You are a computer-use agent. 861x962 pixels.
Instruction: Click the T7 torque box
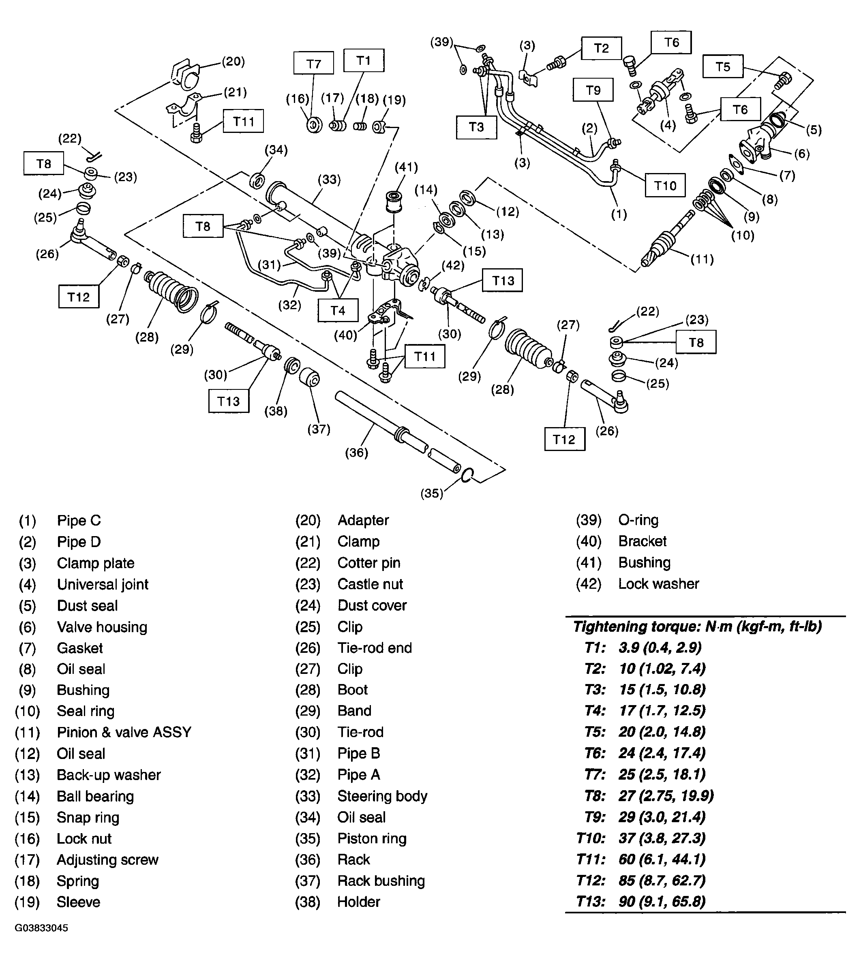point(313,63)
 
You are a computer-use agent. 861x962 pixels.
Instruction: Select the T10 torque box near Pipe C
point(665,186)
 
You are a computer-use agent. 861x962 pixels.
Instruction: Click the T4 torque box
point(337,310)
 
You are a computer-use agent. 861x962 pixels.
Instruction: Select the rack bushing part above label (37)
point(310,377)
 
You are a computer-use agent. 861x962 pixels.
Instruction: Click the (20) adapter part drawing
point(185,75)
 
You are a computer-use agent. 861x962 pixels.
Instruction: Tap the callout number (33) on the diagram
point(329,179)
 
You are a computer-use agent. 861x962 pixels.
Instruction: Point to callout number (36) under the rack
point(356,453)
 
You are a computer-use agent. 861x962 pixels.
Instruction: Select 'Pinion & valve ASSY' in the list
point(124,733)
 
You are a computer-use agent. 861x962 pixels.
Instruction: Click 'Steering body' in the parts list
point(382,796)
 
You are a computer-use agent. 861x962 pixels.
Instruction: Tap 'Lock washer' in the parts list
point(658,584)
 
